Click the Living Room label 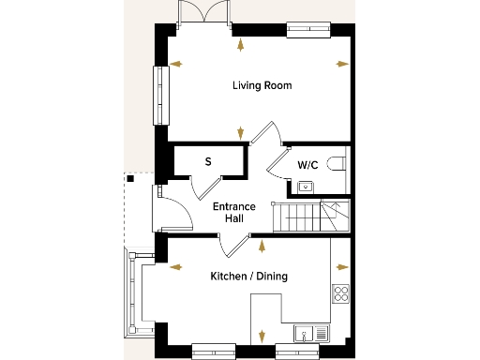coord(262,85)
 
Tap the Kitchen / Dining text coord(248,277)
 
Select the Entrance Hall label coord(229,213)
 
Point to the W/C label coord(307,165)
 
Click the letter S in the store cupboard coord(208,161)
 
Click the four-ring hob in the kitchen coord(340,294)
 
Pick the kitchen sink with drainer coord(309,332)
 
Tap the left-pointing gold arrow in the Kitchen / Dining coord(174,265)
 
